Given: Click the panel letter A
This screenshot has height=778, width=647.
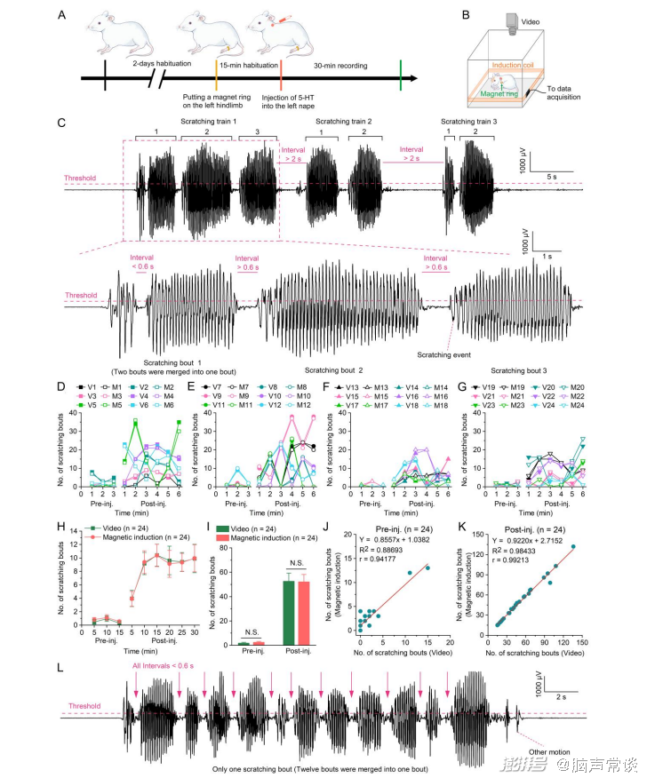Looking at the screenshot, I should point(60,14).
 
